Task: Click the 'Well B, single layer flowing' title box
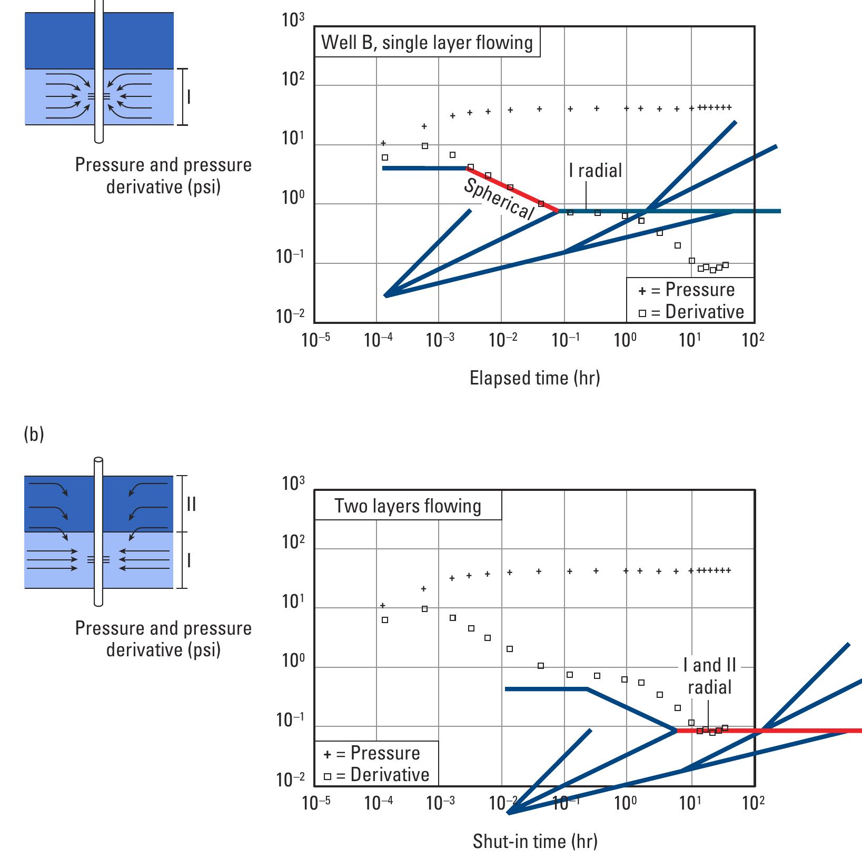tap(427, 42)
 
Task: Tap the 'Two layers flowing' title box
tap(408, 506)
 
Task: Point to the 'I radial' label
tap(595, 171)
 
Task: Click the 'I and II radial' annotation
tap(709, 676)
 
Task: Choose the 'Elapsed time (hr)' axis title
tap(534, 378)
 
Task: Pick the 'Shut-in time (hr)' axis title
tap(535, 841)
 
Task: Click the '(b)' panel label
tap(34, 435)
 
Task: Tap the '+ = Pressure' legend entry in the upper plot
tap(686, 290)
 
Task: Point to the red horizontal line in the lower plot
tap(769, 731)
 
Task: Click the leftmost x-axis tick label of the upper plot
tap(316, 340)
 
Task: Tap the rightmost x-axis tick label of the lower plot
tap(753, 803)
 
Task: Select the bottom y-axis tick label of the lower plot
tap(291, 780)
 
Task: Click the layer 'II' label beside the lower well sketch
tap(191, 504)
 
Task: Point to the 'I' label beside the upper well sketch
tap(189, 97)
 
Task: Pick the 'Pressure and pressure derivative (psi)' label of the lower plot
tap(163, 638)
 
